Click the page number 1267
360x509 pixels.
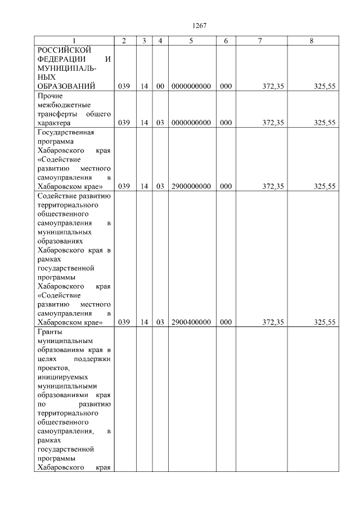(x=200, y=25)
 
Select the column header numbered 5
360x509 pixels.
(x=191, y=40)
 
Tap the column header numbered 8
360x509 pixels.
(x=312, y=40)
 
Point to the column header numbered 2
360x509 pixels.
(x=124, y=40)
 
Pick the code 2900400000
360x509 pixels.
(x=191, y=322)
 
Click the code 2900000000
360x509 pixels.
(x=191, y=186)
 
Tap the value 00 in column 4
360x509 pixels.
(x=160, y=86)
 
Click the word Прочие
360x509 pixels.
(x=50, y=96)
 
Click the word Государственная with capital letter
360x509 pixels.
(x=65, y=132)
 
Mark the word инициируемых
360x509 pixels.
(x=61, y=377)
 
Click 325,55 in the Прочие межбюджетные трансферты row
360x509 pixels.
(x=325, y=123)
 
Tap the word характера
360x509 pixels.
(x=53, y=123)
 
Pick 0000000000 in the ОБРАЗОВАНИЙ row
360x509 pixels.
(x=191, y=86)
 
